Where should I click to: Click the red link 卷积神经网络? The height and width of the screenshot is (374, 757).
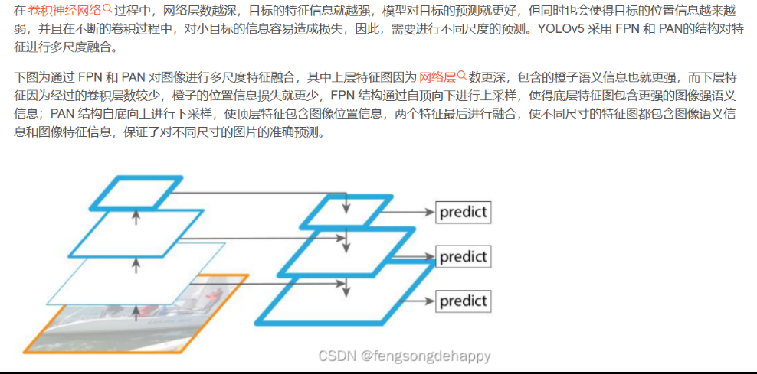pos(64,10)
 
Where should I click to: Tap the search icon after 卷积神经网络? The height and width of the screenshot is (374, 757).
pos(107,9)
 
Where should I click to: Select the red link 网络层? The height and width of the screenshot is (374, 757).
pos(437,77)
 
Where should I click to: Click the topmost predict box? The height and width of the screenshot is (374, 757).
pos(463,212)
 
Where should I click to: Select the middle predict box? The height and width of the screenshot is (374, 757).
pos(463,256)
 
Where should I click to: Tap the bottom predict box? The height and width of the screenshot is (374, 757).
pos(463,301)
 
